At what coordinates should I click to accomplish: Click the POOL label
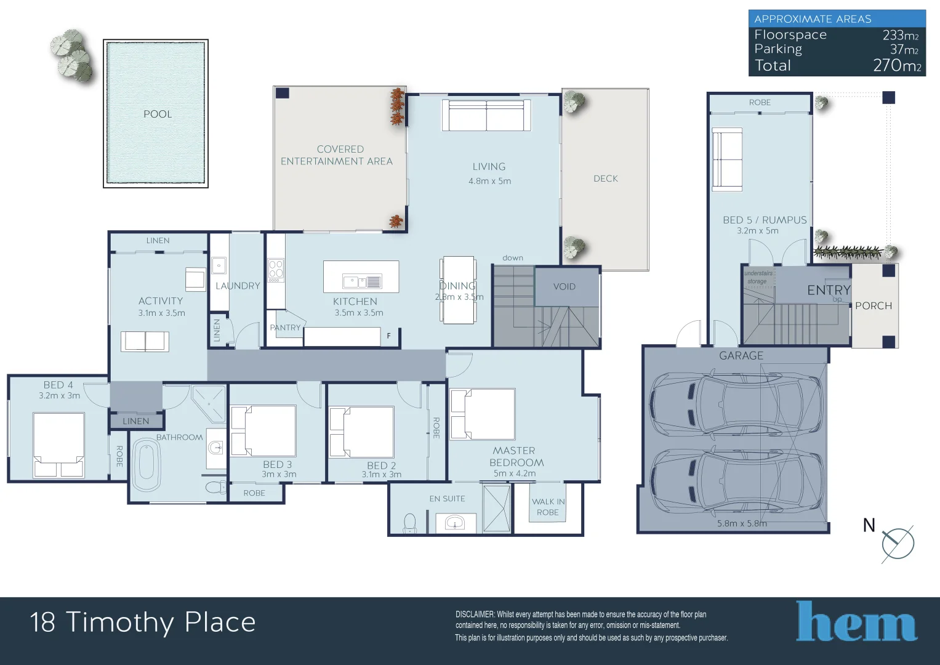click(x=158, y=114)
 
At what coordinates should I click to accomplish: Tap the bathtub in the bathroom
click(x=147, y=464)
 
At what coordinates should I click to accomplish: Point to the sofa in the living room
click(x=486, y=115)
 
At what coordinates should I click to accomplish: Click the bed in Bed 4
click(x=58, y=445)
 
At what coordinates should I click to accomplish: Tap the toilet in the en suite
click(x=410, y=523)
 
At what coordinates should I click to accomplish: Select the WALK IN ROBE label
click(x=548, y=507)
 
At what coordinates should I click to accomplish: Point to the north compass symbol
click(x=898, y=543)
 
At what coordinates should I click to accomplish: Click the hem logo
click(x=856, y=622)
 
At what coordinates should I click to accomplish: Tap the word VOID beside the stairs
click(x=564, y=286)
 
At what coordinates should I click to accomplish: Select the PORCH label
click(x=873, y=305)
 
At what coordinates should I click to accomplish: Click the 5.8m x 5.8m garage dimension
click(x=742, y=523)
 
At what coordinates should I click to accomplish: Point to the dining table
click(x=457, y=289)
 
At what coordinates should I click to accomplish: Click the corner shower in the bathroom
click(x=209, y=403)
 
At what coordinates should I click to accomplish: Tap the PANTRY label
click(x=285, y=328)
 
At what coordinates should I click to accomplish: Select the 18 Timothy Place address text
click(x=143, y=622)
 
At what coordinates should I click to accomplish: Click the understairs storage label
click(x=758, y=277)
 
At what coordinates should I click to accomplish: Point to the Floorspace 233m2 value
click(x=900, y=35)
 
